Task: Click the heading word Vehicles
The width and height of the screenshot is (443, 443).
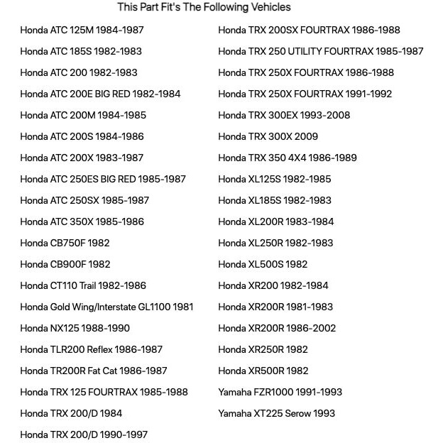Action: click(x=266, y=7)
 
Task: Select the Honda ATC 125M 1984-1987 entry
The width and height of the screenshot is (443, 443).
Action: click(x=82, y=30)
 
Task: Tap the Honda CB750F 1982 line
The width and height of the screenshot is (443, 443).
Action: click(x=65, y=243)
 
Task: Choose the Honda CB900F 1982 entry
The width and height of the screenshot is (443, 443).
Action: click(x=65, y=264)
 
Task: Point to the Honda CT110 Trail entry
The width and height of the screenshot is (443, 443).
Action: click(x=83, y=285)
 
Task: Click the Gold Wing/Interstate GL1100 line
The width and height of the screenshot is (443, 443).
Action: click(x=106, y=307)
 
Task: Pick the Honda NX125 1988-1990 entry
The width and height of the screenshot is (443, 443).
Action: click(x=75, y=328)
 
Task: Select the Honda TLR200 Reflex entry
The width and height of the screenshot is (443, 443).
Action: click(x=91, y=349)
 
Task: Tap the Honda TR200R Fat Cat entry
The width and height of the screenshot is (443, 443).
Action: click(x=94, y=371)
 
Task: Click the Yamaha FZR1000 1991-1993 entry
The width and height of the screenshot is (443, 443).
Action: click(x=280, y=392)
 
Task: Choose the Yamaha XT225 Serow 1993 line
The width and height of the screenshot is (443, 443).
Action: click(x=276, y=413)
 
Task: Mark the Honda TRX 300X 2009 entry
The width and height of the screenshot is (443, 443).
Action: click(x=268, y=136)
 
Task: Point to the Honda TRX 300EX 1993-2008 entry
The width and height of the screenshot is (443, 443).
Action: click(x=284, y=115)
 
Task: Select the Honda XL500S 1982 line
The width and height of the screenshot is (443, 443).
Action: click(x=263, y=264)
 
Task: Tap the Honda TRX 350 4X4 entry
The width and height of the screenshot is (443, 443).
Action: click(x=288, y=158)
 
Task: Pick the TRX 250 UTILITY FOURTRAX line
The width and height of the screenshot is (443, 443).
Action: click(x=320, y=51)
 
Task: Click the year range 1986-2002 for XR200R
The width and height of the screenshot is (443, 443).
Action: click(x=312, y=328)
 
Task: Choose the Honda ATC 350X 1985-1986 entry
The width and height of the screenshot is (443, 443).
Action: click(x=82, y=221)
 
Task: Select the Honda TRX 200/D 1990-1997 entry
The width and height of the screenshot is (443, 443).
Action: click(x=84, y=434)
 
